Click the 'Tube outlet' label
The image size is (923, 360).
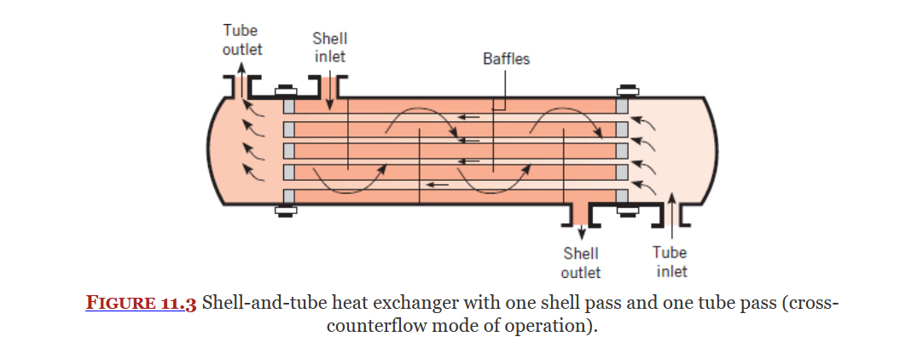click(242, 39)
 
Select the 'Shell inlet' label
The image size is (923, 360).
click(329, 47)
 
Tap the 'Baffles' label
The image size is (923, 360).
click(506, 59)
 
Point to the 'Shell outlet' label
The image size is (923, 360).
click(580, 263)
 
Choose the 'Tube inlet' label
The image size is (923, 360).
click(670, 262)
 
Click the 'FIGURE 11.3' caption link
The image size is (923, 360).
click(142, 305)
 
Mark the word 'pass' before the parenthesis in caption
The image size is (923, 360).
click(746, 305)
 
